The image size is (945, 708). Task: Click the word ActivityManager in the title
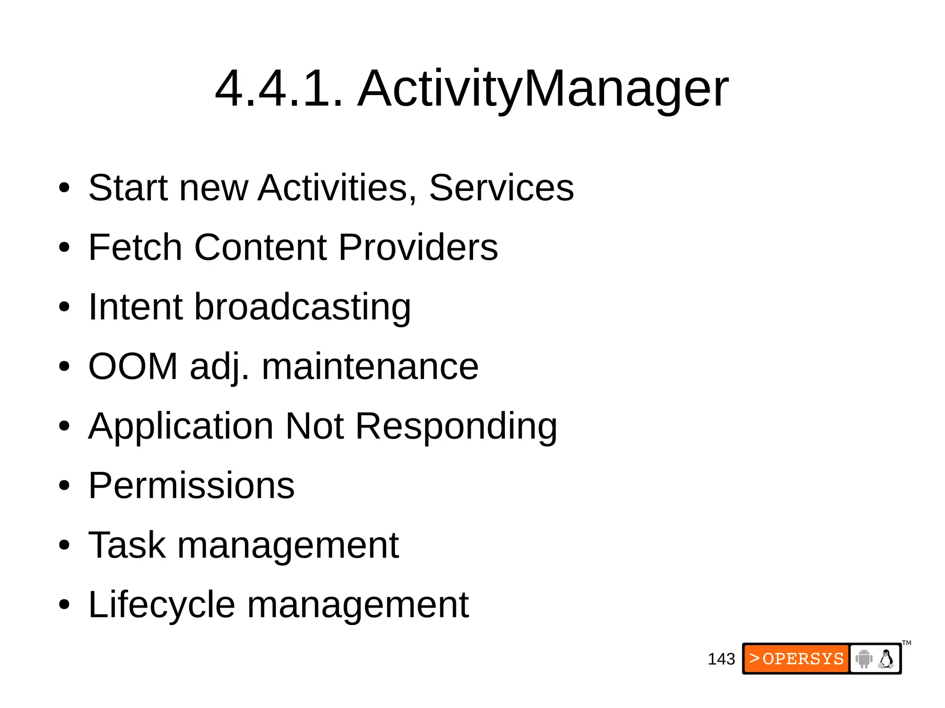[543, 89]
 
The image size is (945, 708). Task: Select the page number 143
[721, 659]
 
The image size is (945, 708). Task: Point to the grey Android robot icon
[864, 659]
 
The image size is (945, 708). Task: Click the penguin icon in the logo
[886, 659]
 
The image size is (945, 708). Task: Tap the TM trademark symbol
[907, 643]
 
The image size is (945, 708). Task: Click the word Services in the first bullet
[501, 188]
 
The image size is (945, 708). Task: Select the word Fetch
[135, 247]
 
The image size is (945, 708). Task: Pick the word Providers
[418, 247]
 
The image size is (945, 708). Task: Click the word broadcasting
[302, 307]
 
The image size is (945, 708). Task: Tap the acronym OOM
[133, 366]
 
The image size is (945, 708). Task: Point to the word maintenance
[370, 366]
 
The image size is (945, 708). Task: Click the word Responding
[456, 426]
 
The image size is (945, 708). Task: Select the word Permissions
[191, 485]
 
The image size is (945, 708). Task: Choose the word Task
[127, 545]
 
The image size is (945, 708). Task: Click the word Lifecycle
[161, 605]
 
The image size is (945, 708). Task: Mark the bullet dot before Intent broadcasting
[64, 307]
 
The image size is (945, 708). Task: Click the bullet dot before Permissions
[64, 486]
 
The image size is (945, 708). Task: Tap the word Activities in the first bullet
[337, 188]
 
